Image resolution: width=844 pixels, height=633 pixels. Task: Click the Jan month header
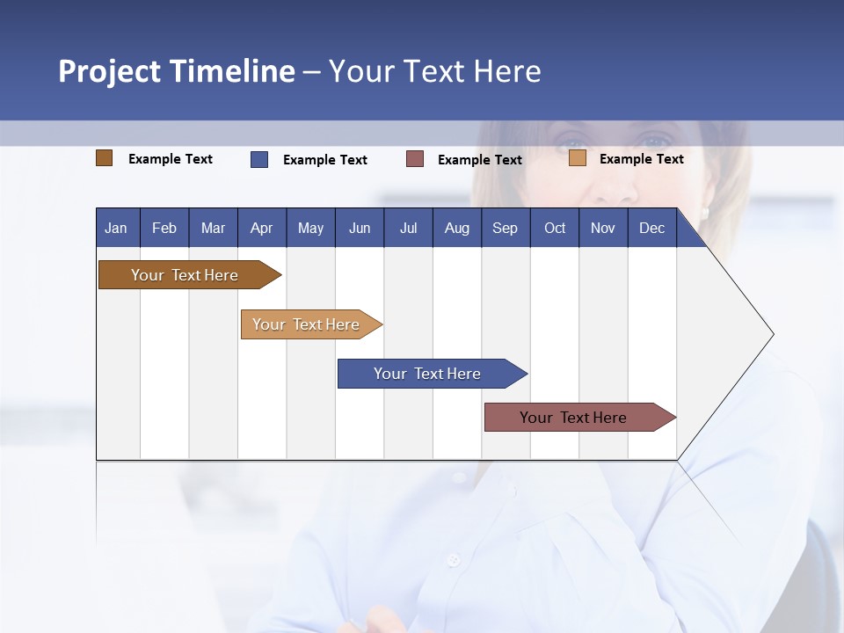click(x=116, y=228)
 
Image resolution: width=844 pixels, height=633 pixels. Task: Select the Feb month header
click(x=164, y=228)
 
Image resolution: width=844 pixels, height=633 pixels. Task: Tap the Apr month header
click(x=261, y=228)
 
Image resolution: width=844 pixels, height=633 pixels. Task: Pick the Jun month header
click(x=360, y=228)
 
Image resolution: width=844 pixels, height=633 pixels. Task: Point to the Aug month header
click(x=456, y=228)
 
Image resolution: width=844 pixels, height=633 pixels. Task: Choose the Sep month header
click(x=505, y=228)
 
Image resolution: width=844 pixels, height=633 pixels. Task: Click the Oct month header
click(x=555, y=228)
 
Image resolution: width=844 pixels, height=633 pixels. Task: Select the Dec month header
click(x=651, y=228)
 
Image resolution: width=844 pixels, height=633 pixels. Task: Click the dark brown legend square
click(x=105, y=158)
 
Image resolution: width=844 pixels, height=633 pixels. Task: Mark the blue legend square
click(x=259, y=159)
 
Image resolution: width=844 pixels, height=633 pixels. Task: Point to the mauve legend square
click(x=415, y=159)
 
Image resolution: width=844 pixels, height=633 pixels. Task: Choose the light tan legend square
click(x=578, y=158)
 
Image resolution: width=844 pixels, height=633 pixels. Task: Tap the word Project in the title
click(x=108, y=71)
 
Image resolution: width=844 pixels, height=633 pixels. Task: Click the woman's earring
click(x=704, y=213)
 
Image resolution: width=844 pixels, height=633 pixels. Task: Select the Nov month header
click(x=603, y=228)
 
